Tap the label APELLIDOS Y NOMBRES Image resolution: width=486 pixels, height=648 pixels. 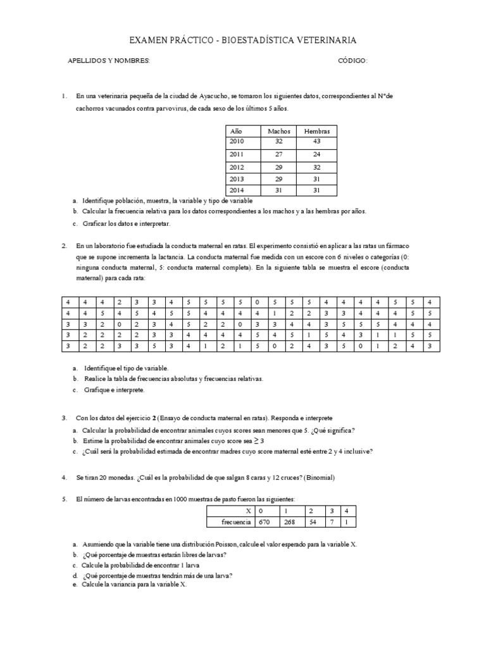coord(108,61)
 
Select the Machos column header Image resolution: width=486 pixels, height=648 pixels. coord(279,130)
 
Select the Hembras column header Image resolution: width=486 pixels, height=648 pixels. coord(317,130)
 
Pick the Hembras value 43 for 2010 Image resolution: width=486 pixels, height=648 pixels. coord(317,141)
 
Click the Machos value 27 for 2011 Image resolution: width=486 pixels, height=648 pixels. coord(279,154)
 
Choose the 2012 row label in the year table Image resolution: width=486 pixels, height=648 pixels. coord(237,167)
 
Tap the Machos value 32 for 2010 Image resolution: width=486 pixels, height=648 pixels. coord(279,141)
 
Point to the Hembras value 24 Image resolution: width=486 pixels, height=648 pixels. coord(317,154)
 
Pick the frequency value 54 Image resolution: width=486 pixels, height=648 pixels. coord(311,522)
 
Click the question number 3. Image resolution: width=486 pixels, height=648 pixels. coord(64,418)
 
